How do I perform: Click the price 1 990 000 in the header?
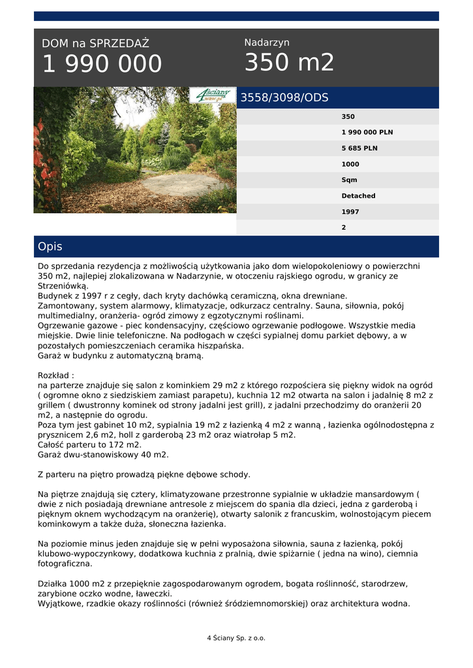[x=102, y=64]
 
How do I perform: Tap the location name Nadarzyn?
[x=267, y=42]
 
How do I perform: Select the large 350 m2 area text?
[x=289, y=63]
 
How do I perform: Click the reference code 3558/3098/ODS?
[x=284, y=98]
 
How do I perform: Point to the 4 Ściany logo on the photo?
[x=213, y=95]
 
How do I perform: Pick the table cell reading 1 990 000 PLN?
[x=367, y=132]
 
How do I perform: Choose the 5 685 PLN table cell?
[x=359, y=148]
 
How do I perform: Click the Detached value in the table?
[x=358, y=196]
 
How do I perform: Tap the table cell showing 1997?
[x=350, y=212]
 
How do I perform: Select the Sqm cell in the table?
[x=349, y=180]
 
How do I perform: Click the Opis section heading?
[x=50, y=247]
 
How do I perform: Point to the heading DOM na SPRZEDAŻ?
[x=95, y=44]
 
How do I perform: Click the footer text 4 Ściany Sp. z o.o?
[x=236, y=638]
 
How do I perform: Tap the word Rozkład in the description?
[x=55, y=376]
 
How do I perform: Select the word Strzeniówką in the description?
[x=62, y=286]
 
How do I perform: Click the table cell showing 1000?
[x=350, y=164]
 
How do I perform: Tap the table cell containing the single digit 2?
[x=344, y=228]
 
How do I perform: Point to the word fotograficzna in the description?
[x=65, y=564]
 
